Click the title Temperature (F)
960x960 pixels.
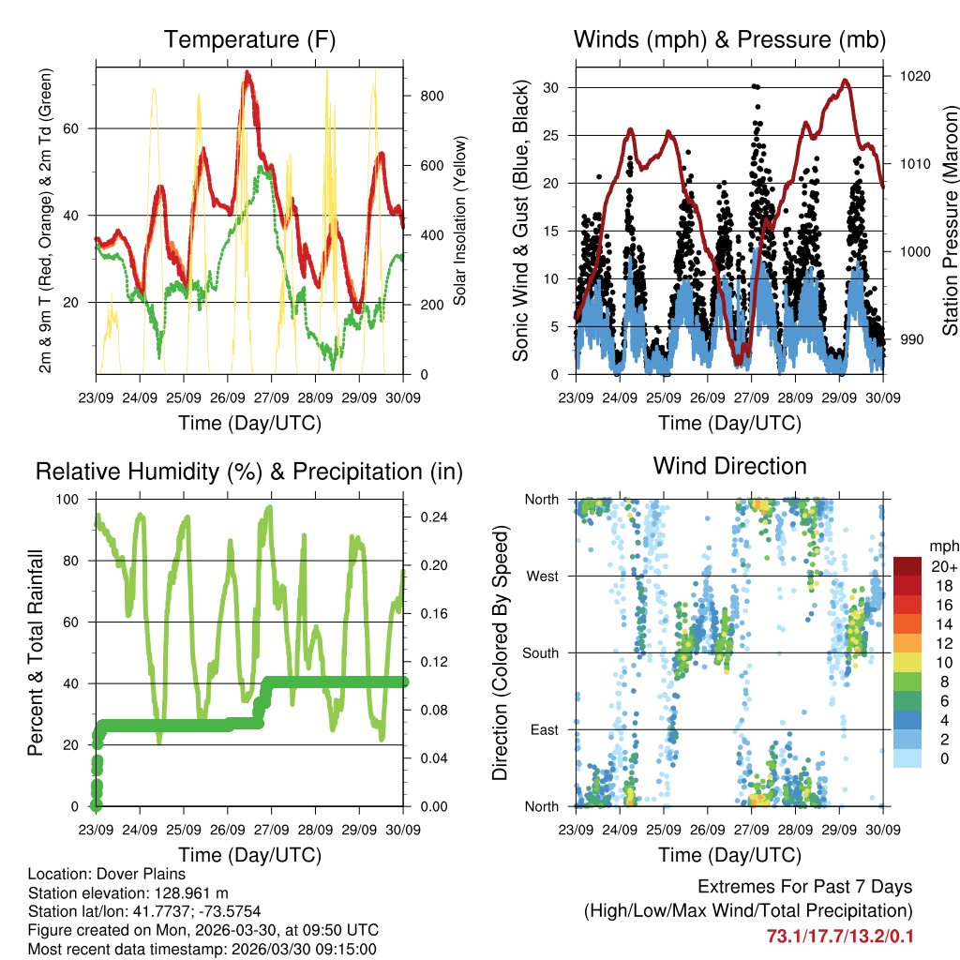tap(249, 39)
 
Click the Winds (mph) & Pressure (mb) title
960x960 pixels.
tap(729, 39)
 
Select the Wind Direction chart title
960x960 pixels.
tap(729, 466)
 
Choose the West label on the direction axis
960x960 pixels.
tap(542, 576)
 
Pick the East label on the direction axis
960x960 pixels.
tap(543, 729)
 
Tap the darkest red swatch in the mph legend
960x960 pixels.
tap(907, 566)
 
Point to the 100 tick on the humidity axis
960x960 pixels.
tap(69, 499)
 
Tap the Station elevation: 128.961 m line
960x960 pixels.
tap(128, 892)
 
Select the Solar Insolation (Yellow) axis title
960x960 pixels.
tap(460, 220)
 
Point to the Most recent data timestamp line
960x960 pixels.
tap(202, 949)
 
